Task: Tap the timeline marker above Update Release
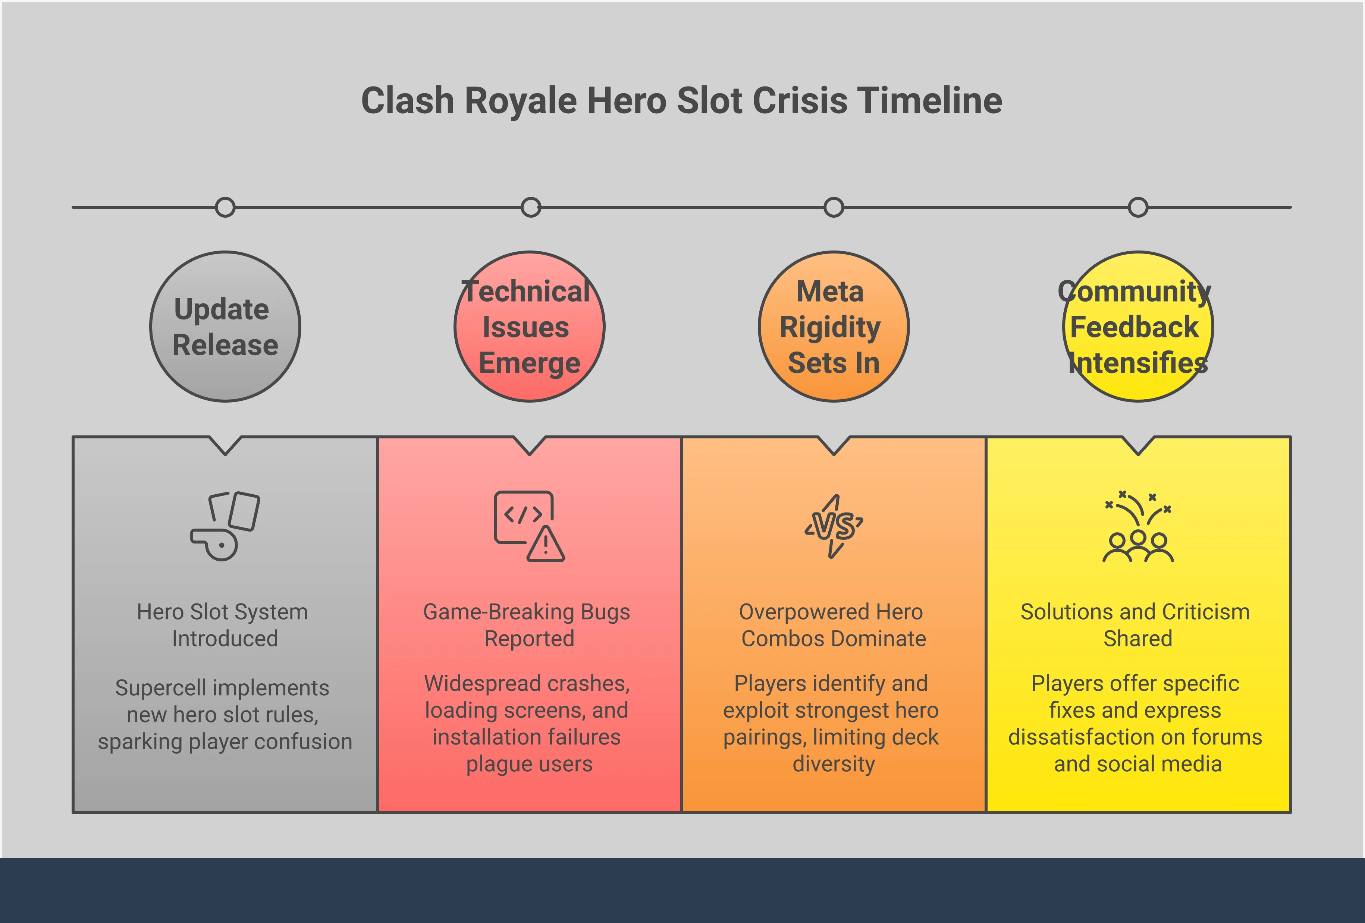point(225,207)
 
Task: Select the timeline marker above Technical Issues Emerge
point(530,207)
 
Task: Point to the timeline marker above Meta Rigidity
point(834,207)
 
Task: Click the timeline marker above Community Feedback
point(1138,207)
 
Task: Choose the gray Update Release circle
point(225,327)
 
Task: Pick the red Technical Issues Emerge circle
point(529,327)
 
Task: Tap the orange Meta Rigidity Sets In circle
point(834,327)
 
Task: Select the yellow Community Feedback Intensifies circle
point(1138,327)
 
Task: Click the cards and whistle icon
point(225,526)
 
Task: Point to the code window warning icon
point(528,526)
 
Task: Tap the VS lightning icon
point(834,526)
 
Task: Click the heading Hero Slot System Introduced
point(223,625)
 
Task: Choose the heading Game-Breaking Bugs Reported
point(527,625)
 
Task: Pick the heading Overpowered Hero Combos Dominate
point(832,625)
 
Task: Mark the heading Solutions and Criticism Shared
point(1135,625)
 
